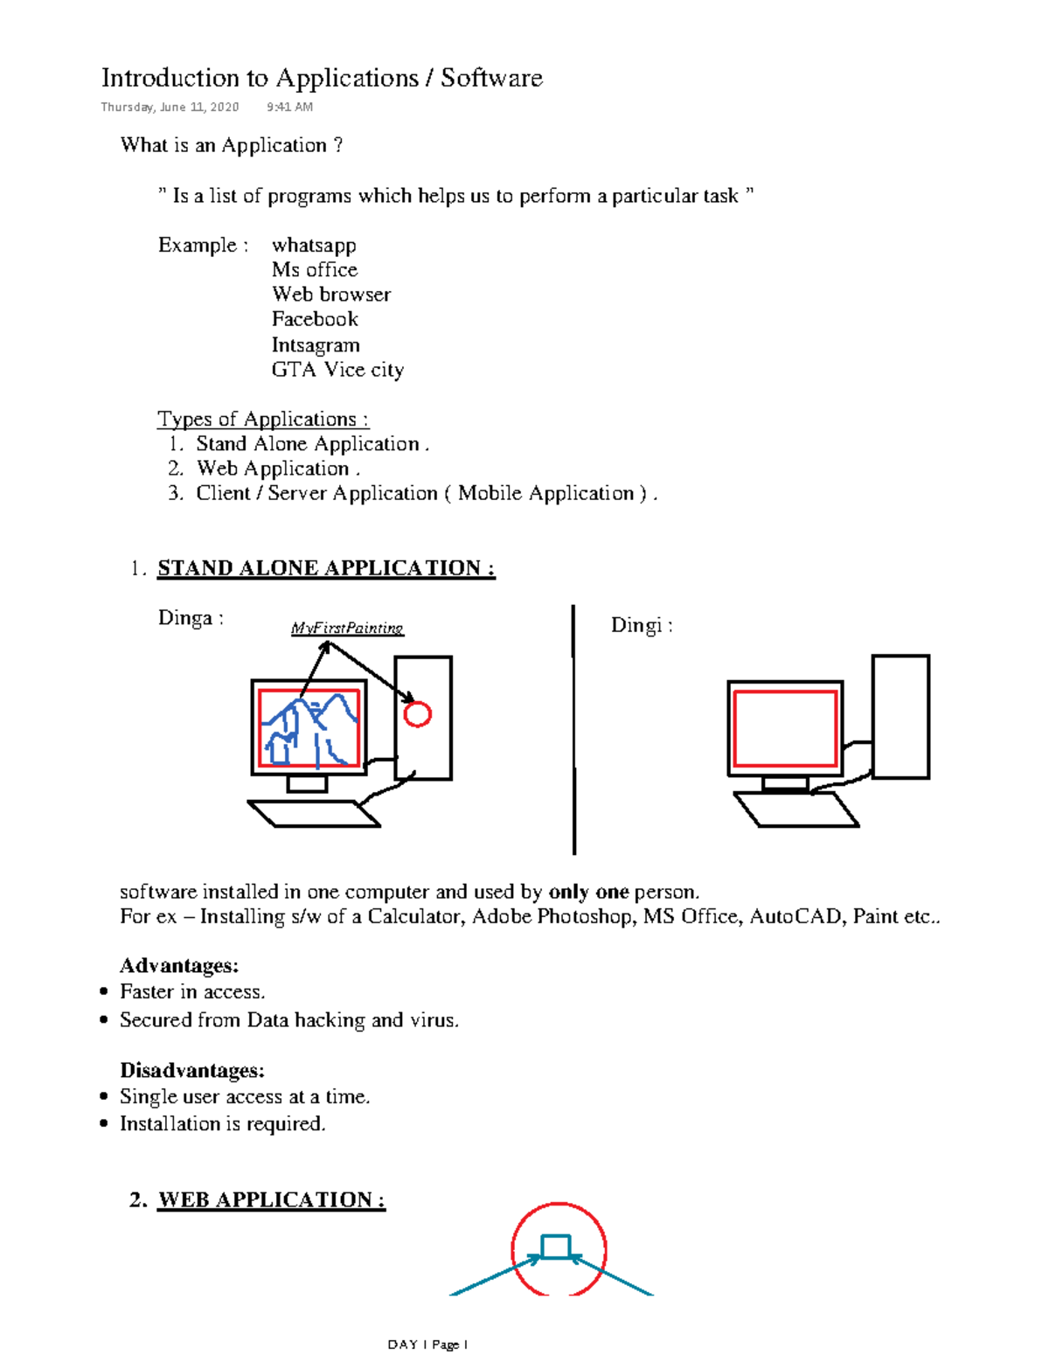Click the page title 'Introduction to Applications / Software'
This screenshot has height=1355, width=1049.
pos(322,78)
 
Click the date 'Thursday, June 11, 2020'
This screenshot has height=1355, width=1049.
pos(170,107)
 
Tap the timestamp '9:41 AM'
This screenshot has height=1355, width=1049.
pos(289,107)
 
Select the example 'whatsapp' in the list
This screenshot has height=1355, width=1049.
pos(314,245)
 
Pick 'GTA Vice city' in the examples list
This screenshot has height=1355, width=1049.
pos(337,369)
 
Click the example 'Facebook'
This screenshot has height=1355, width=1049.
pos(315,319)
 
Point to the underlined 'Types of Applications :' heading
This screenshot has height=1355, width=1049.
pos(263,419)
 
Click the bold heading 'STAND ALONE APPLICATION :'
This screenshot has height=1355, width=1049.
pos(326,568)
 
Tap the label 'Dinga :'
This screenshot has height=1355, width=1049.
pos(191,618)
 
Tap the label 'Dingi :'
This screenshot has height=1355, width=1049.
pos(642,625)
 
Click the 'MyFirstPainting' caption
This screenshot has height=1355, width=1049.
pos(347,628)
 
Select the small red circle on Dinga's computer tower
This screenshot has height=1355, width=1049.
pos(418,714)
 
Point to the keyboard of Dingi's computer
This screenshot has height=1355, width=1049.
pos(795,810)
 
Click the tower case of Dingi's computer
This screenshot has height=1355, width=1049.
pos(900,716)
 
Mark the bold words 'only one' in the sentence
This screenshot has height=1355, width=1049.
pos(588,892)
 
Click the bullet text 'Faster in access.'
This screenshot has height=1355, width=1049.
pos(192,991)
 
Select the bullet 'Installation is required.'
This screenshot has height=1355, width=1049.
pos(222,1123)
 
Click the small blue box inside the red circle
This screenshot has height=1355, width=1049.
pos(556,1247)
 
